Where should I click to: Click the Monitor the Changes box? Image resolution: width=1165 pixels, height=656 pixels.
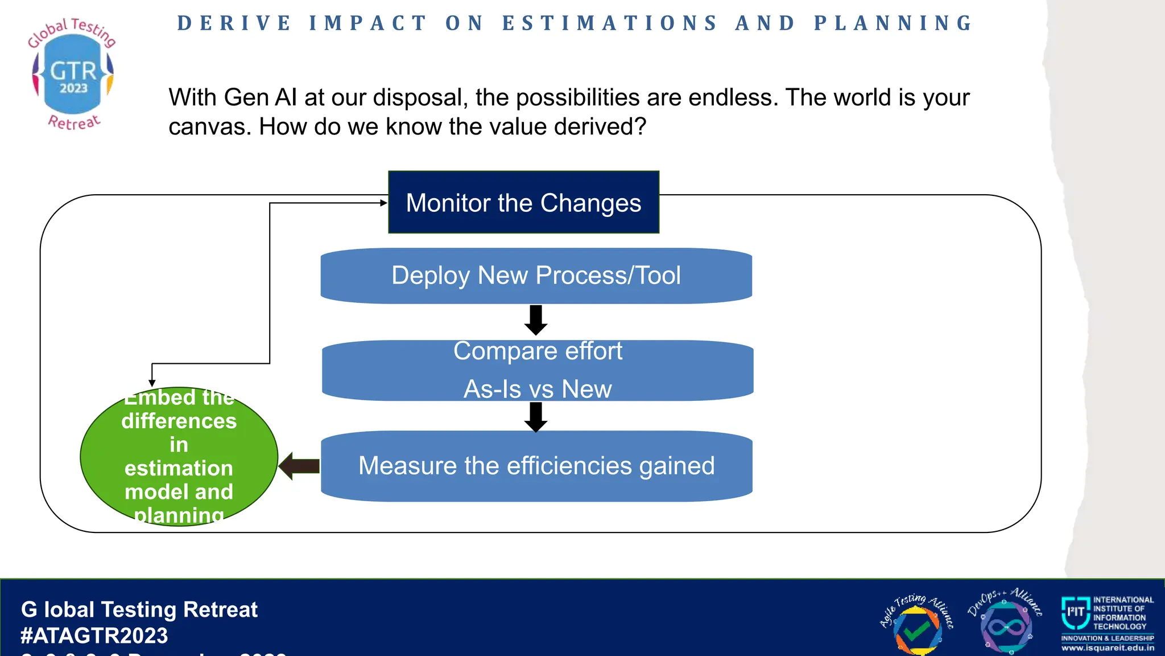point(523,202)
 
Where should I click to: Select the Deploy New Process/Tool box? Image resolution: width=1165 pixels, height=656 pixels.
point(536,276)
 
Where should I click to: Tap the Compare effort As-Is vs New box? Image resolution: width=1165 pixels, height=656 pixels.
point(538,370)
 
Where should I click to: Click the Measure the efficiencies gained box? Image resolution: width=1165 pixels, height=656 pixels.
point(536,466)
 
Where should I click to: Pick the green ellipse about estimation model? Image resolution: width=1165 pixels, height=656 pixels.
point(179,456)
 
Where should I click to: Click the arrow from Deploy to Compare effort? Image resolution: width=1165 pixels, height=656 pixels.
point(536,320)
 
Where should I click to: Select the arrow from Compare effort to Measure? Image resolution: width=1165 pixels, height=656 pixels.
point(536,417)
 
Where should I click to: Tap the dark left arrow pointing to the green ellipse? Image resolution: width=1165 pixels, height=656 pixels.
point(299,466)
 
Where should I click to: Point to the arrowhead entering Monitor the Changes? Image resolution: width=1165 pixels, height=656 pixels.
point(384,203)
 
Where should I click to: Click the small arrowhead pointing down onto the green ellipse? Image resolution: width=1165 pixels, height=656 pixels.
point(152,383)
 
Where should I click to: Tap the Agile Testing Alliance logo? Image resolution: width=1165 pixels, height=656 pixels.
point(916,624)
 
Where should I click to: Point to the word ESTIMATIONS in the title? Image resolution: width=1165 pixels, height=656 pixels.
point(610,23)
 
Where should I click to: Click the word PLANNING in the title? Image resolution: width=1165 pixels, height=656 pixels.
point(894,23)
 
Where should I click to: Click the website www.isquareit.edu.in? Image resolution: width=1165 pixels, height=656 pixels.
point(1108,648)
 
